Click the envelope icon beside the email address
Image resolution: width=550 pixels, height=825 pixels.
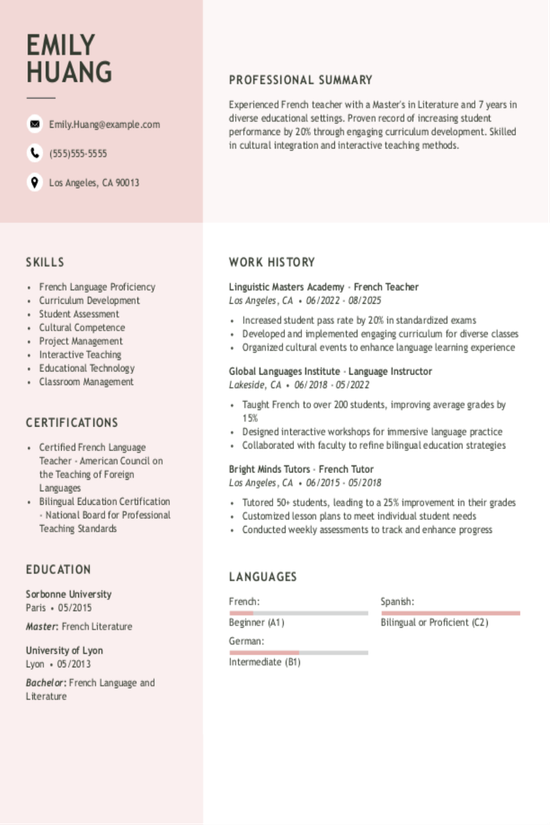pos(35,124)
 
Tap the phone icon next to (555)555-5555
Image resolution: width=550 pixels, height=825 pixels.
pos(35,153)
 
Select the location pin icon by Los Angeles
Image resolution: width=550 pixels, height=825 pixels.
pos(35,182)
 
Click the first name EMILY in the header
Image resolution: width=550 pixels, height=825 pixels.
pos(61,45)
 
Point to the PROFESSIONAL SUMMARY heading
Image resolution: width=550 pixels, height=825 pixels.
pos(300,80)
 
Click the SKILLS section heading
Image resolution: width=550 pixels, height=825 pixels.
pos(45,262)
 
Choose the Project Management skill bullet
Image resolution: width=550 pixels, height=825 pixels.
pos(81,341)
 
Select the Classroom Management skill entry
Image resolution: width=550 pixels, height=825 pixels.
pos(86,381)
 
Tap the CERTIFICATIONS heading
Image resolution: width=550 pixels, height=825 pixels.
pos(72,422)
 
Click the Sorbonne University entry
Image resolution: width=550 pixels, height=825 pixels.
pos(69,594)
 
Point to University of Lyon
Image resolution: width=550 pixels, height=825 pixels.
pos(64,650)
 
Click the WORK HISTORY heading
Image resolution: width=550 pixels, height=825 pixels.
pos(272,262)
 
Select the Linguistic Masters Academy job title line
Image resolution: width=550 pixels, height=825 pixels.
pos(324,287)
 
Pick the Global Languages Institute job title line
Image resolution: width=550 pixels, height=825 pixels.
pos(330,371)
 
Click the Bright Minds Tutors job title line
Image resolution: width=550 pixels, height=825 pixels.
pos(301,468)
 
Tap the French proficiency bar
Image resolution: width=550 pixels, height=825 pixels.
pos(298,612)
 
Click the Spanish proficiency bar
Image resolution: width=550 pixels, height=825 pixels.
pos(450,612)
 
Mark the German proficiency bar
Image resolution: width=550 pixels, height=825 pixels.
pos(298,652)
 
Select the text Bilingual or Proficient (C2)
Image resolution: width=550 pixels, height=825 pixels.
pos(434,622)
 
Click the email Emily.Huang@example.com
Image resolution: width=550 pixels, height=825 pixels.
pos(105,124)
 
